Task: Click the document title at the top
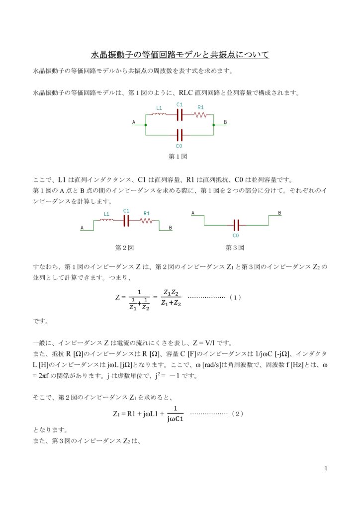(x=180, y=54)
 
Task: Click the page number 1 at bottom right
(x=325, y=468)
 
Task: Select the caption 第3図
(x=234, y=247)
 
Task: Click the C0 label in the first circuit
(x=179, y=146)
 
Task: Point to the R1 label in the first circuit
(x=200, y=107)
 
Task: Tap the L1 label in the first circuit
(x=159, y=107)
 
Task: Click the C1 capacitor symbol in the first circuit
(x=180, y=115)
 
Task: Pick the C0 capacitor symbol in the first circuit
(x=180, y=135)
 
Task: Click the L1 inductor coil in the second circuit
(x=107, y=221)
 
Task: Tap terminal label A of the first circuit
(x=134, y=122)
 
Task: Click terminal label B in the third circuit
(x=279, y=213)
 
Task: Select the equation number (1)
(x=236, y=297)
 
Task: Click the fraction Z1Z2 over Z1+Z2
(x=171, y=297)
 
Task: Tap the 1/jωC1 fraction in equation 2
(x=176, y=414)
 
